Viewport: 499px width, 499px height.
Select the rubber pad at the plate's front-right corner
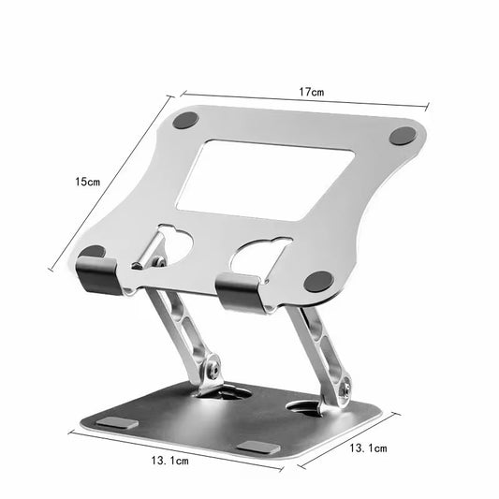[x=319, y=280]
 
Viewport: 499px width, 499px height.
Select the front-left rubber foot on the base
[x=117, y=424]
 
